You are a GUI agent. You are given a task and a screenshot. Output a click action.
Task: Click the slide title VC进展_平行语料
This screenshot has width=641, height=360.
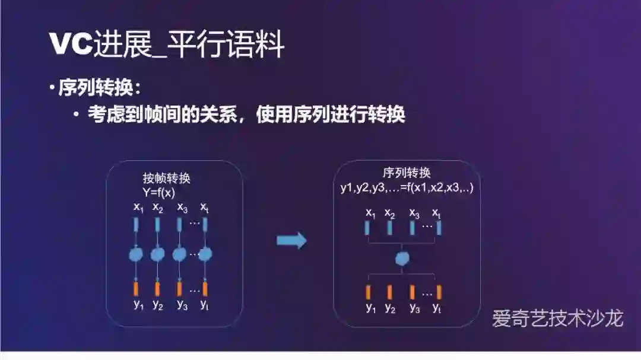pyautogui.click(x=167, y=45)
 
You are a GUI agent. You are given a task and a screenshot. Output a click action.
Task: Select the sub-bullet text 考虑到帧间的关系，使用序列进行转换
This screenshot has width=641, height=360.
pyautogui.click(x=246, y=114)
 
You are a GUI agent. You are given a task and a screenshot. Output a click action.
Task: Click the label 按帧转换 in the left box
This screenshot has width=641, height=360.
pyautogui.click(x=166, y=179)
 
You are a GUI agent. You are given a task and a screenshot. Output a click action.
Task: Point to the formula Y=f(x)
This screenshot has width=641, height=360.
pyautogui.click(x=158, y=192)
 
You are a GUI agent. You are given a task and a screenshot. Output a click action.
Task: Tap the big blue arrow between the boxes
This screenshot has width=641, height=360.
pyautogui.click(x=291, y=240)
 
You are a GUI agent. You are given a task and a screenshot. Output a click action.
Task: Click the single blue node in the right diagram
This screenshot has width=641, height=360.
pyautogui.click(x=403, y=258)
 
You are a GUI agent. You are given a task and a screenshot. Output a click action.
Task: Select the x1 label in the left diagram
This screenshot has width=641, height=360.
pyautogui.click(x=138, y=208)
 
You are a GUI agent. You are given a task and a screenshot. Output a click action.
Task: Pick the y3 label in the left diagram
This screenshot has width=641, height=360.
pyautogui.click(x=182, y=305)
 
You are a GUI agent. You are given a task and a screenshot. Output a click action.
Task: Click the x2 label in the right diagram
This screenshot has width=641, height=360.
pyautogui.click(x=390, y=213)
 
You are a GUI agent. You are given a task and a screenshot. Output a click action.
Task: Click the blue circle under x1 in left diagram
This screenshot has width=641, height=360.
pyautogui.click(x=136, y=255)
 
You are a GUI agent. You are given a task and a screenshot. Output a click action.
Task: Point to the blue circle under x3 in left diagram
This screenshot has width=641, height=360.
pyautogui.click(x=179, y=255)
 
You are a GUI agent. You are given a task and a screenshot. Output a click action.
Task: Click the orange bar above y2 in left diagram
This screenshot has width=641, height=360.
pyautogui.click(x=157, y=288)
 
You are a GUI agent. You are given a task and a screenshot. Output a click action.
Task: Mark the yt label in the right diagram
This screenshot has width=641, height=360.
pyautogui.click(x=437, y=308)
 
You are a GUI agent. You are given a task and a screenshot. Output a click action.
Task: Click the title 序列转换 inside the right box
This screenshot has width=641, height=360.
pyautogui.click(x=407, y=173)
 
